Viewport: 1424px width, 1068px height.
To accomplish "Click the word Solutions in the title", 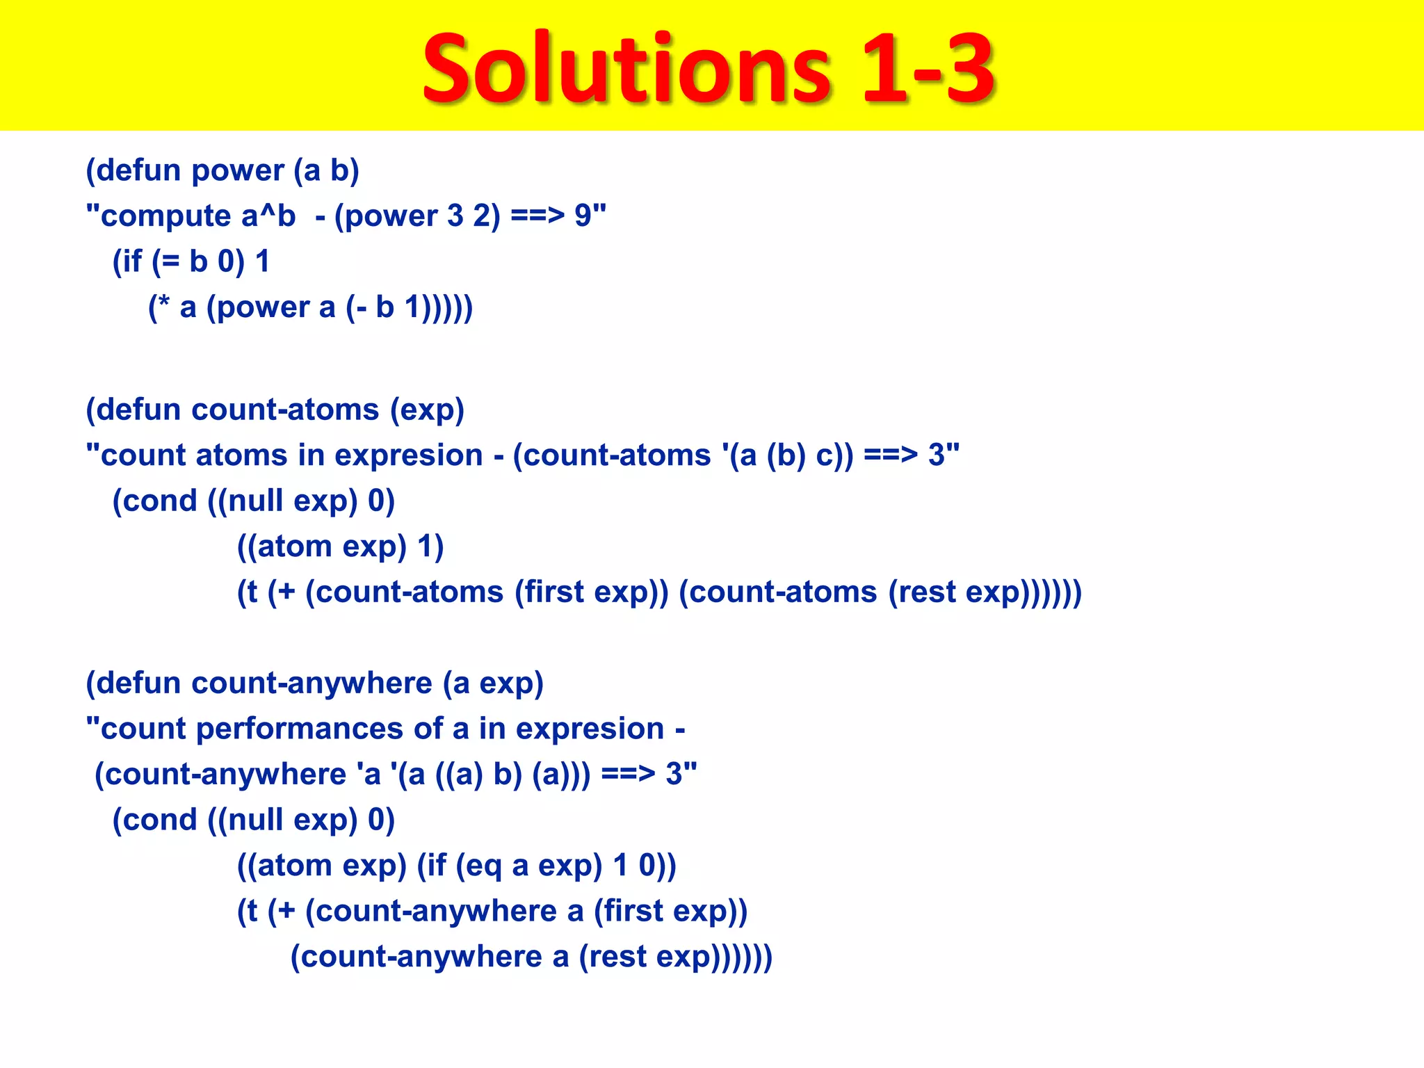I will click(626, 70).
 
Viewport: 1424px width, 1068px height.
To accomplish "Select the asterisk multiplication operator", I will click(164, 305).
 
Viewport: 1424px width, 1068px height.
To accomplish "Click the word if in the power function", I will click(131, 262).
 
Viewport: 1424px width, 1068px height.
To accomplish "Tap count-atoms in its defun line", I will click(285, 410).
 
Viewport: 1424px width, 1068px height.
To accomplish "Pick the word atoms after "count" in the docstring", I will click(241, 456).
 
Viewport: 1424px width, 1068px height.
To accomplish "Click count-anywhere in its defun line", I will click(311, 683).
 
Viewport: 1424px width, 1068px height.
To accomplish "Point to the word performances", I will click(300, 729).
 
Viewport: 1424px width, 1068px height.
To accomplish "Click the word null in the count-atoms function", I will click(255, 501).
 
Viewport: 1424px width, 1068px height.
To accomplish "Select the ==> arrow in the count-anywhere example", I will click(628, 775).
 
